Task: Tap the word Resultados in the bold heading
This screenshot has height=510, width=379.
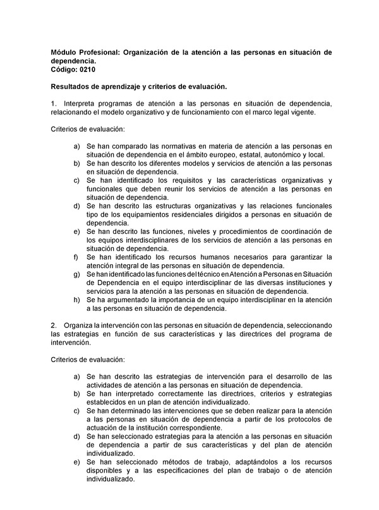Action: click(73, 86)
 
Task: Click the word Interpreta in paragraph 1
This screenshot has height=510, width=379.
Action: click(83, 103)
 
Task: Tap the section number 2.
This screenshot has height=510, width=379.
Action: click(54, 325)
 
